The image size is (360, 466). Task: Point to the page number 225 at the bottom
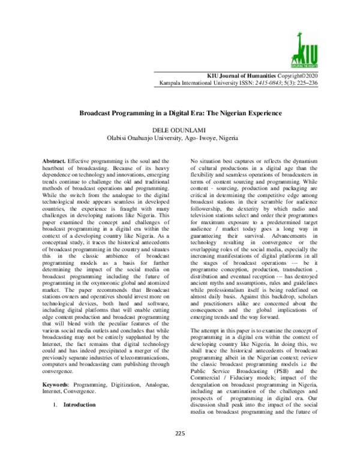pyautogui.click(x=179, y=450)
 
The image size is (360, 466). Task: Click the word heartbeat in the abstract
pyautogui.click(x=58, y=171)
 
